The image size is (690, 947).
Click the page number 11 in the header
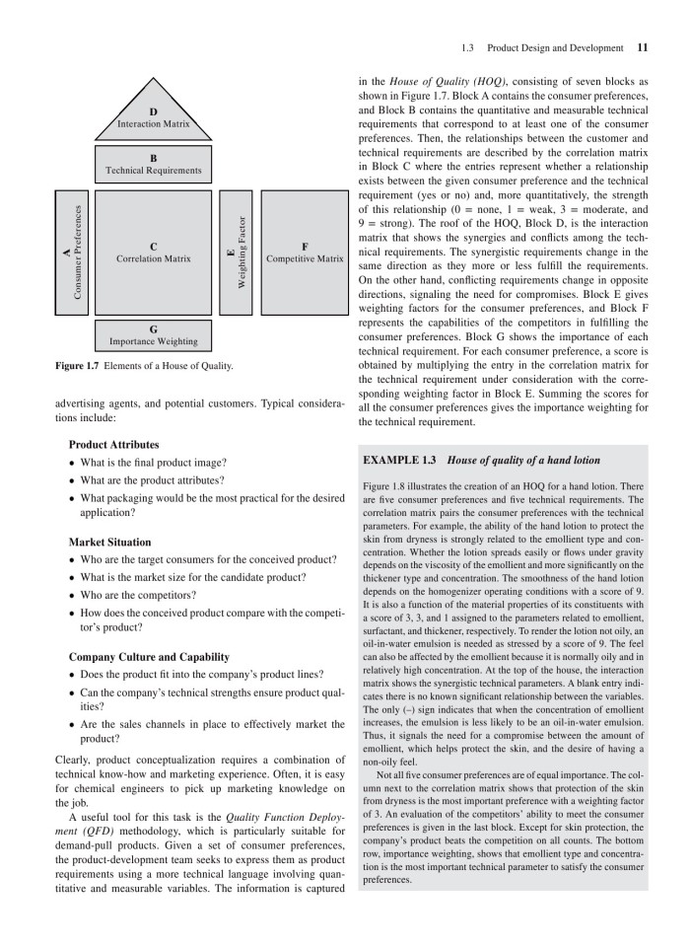tap(643, 47)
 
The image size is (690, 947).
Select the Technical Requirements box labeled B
tap(153, 164)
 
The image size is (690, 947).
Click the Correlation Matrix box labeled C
tap(153, 253)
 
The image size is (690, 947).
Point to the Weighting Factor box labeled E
tap(235, 253)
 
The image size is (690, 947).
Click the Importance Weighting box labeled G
tap(153, 335)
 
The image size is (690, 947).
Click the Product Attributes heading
tap(112, 444)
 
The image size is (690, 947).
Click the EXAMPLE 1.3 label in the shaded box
tap(401, 460)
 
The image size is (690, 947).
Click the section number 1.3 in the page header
tap(469, 47)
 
